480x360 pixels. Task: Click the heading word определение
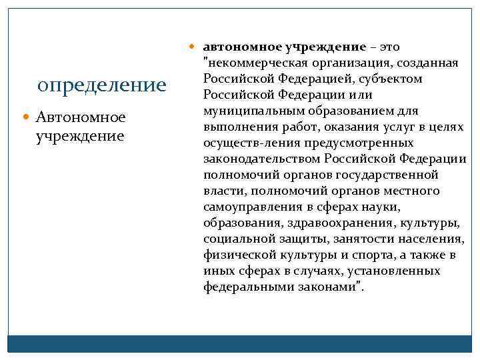point(102,85)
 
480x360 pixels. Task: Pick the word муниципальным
point(257,111)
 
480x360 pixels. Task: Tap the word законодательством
point(262,159)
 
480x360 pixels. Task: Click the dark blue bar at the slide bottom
point(240,343)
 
